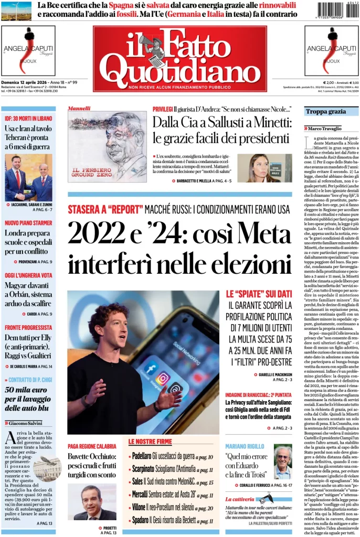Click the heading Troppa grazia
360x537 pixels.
[326, 112]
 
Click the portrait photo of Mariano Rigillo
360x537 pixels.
[282, 461]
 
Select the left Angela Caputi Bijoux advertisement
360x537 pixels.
[28, 51]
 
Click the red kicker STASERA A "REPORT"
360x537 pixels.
[104, 209]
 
